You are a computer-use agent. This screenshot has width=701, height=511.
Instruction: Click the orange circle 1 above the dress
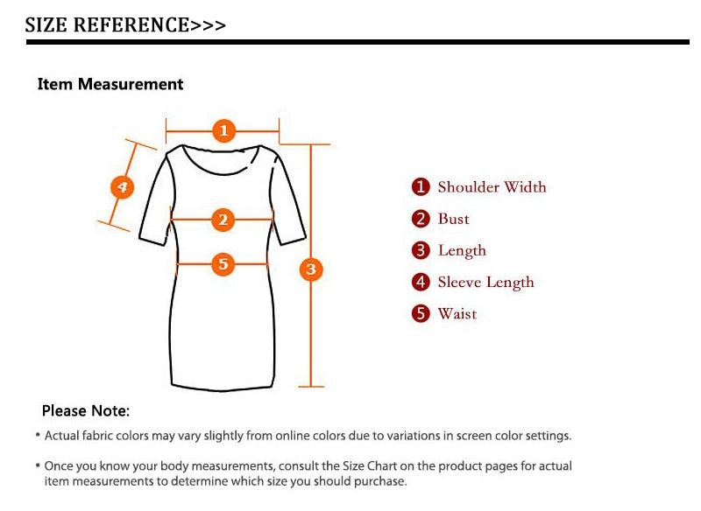point(224,130)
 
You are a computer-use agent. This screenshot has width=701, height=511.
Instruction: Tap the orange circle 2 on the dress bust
point(223,220)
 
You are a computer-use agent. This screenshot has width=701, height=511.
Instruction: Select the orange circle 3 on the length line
point(311,269)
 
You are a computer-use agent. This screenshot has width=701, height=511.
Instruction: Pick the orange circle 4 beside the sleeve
point(122,187)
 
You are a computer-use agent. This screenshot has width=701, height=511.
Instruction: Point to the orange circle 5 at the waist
point(223,263)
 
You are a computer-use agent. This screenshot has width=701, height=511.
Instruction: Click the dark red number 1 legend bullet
point(421,187)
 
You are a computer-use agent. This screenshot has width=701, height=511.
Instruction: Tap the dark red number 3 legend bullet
point(421,250)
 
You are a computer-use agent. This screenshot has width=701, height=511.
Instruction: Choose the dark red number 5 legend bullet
point(421,313)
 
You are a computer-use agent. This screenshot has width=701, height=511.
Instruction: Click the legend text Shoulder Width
point(492,187)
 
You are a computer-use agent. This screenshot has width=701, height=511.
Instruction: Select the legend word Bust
point(453,219)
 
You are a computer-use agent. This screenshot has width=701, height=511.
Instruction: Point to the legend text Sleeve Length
point(485,283)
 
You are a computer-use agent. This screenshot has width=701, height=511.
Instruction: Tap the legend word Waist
point(457,314)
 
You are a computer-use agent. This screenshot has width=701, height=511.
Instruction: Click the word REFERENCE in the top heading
point(131,25)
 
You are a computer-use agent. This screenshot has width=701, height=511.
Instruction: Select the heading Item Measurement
point(110,84)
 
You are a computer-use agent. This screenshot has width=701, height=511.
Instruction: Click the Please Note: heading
point(86,410)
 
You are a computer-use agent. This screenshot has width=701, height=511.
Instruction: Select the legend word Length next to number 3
point(462,251)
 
